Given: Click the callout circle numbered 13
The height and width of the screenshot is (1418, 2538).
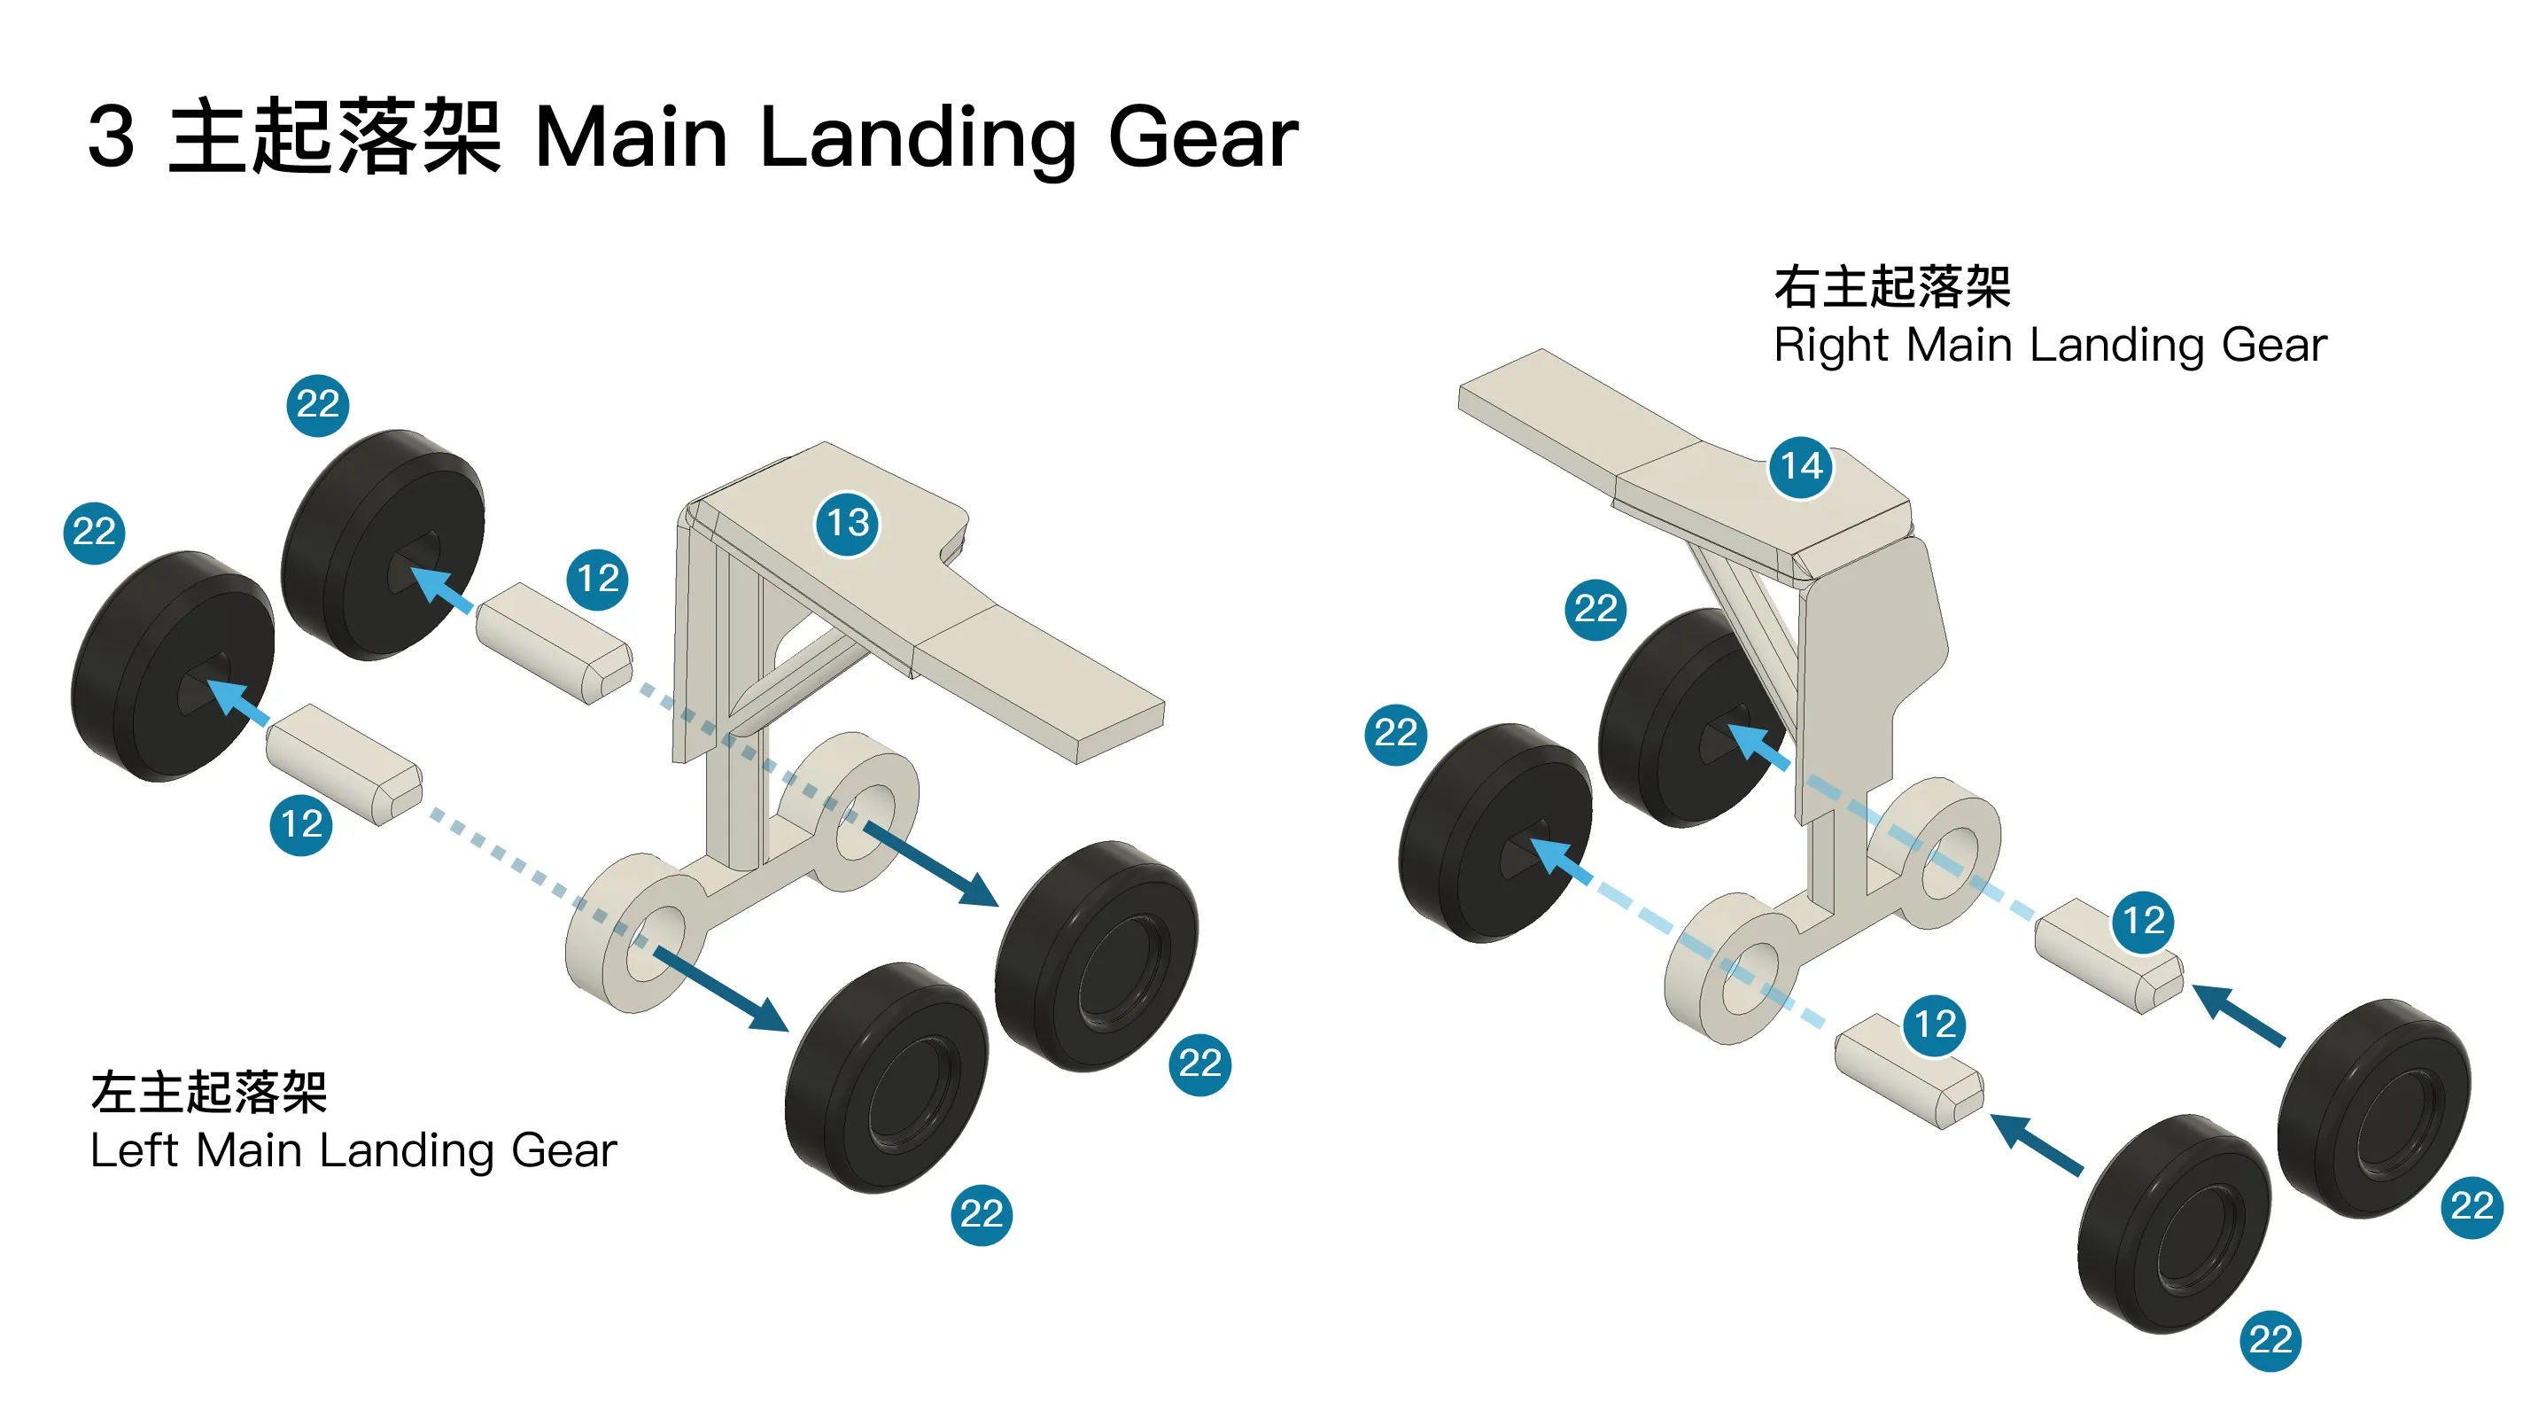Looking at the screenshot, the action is coord(847,523).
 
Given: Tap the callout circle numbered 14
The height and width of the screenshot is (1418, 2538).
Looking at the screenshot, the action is coord(1801,466).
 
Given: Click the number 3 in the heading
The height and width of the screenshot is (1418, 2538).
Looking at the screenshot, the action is coord(112,137).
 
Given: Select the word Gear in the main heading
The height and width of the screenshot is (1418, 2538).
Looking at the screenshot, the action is coord(1203,137).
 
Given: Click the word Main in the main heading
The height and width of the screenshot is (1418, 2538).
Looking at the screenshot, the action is coord(632,137).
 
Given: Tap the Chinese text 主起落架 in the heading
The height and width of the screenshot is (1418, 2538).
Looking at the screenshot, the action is coord(335,137).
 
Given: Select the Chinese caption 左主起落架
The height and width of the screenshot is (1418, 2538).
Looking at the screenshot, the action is coord(209,1093).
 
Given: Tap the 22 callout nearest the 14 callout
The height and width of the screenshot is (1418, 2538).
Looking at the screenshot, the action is coord(1595,609).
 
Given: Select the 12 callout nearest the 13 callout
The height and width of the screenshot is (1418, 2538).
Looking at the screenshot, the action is coord(598,579).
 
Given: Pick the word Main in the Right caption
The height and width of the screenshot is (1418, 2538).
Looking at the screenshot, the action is coord(1960,345).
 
